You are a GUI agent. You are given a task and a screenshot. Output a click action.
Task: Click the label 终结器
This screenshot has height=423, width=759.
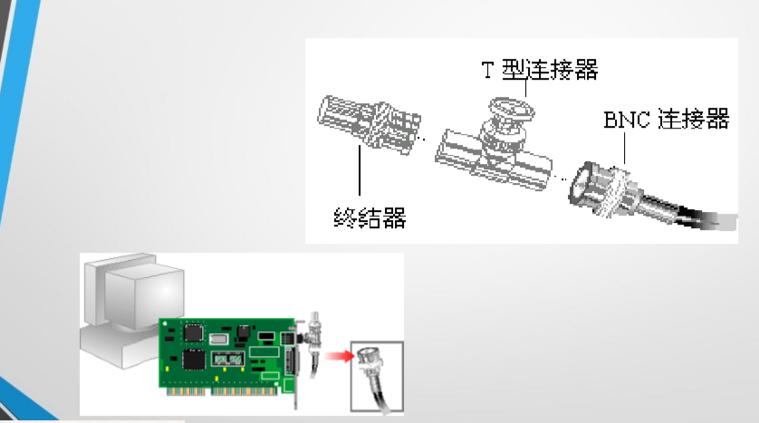[370, 217]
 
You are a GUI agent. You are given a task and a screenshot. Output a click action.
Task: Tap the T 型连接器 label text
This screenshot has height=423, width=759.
[540, 70]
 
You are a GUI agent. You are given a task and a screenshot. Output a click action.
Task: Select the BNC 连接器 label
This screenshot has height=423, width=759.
[667, 119]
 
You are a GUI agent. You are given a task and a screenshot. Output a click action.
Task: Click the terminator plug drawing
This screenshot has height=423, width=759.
[369, 124]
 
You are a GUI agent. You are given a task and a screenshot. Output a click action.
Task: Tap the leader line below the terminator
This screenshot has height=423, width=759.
[360, 170]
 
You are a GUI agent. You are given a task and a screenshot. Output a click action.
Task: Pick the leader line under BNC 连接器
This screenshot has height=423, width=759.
[624, 149]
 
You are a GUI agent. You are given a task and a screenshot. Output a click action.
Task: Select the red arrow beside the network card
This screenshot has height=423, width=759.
[340, 357]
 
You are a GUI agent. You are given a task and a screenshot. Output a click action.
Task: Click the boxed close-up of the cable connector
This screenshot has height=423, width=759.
[377, 377]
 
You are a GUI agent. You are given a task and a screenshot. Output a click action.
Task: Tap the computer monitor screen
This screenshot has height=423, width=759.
[145, 296]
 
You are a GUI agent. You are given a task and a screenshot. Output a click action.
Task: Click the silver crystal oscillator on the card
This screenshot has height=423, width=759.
[218, 339]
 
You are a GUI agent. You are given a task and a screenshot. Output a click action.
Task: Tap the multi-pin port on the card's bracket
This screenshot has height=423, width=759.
[292, 361]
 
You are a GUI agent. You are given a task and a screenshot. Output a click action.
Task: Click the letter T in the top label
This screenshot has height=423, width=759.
[487, 70]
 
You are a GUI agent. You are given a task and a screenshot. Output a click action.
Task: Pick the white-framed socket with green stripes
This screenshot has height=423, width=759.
[227, 359]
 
